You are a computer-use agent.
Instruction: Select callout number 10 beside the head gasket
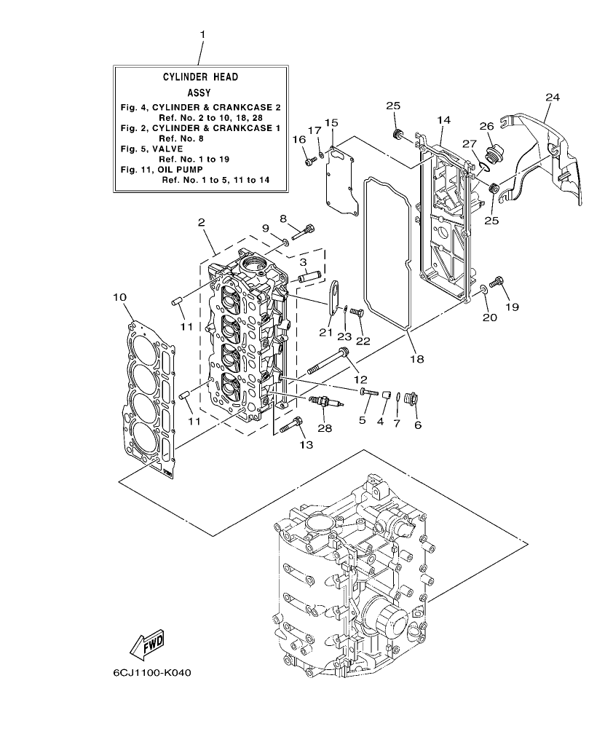pyautogui.click(x=120, y=297)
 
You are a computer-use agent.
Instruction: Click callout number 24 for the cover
pyautogui.click(x=553, y=97)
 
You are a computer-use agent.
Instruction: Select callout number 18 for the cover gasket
pyautogui.click(x=415, y=358)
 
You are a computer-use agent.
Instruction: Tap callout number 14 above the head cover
pyautogui.click(x=444, y=119)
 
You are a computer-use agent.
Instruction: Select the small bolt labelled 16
pyautogui.click(x=310, y=162)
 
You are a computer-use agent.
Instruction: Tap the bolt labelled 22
pyautogui.click(x=357, y=312)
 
